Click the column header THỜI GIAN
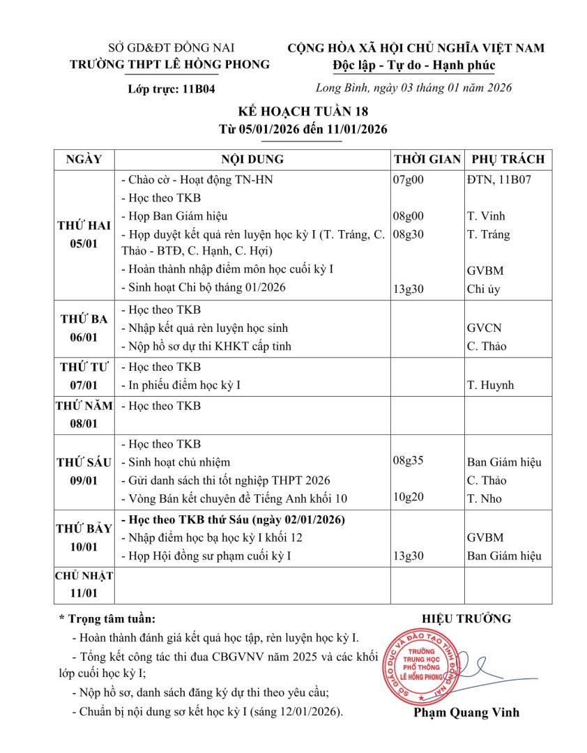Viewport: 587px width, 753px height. [x=427, y=159]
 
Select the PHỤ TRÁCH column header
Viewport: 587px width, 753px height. [x=508, y=159]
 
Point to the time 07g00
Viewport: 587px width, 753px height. [x=409, y=180]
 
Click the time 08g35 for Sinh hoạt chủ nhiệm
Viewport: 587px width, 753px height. [x=409, y=462]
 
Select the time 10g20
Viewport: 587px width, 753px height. [x=409, y=498]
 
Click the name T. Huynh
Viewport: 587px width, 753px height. [x=489, y=385]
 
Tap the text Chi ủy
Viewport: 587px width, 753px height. [x=483, y=288]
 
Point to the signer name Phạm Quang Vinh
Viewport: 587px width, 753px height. [x=466, y=713]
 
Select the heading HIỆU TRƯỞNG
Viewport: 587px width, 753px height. [x=466, y=618]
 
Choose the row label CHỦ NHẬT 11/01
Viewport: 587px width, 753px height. [x=84, y=584]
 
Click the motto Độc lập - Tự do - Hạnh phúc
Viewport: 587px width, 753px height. [x=414, y=66]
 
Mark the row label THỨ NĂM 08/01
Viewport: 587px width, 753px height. [x=84, y=414]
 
